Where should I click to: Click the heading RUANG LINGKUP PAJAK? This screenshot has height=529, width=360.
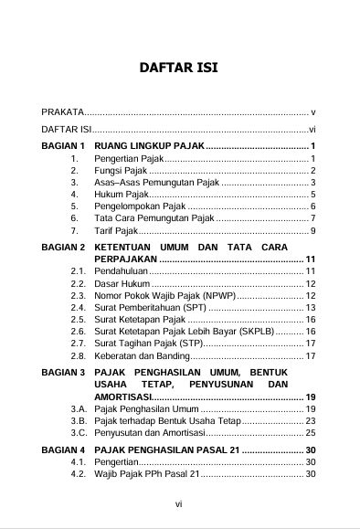point(149,146)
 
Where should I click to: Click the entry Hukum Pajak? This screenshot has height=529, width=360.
point(121,195)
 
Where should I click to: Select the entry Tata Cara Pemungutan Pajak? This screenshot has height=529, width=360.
point(154,218)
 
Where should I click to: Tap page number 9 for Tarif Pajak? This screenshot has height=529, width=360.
point(312,231)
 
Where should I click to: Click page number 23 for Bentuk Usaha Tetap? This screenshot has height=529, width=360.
point(311,420)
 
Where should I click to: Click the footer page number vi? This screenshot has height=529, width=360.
point(179,502)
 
